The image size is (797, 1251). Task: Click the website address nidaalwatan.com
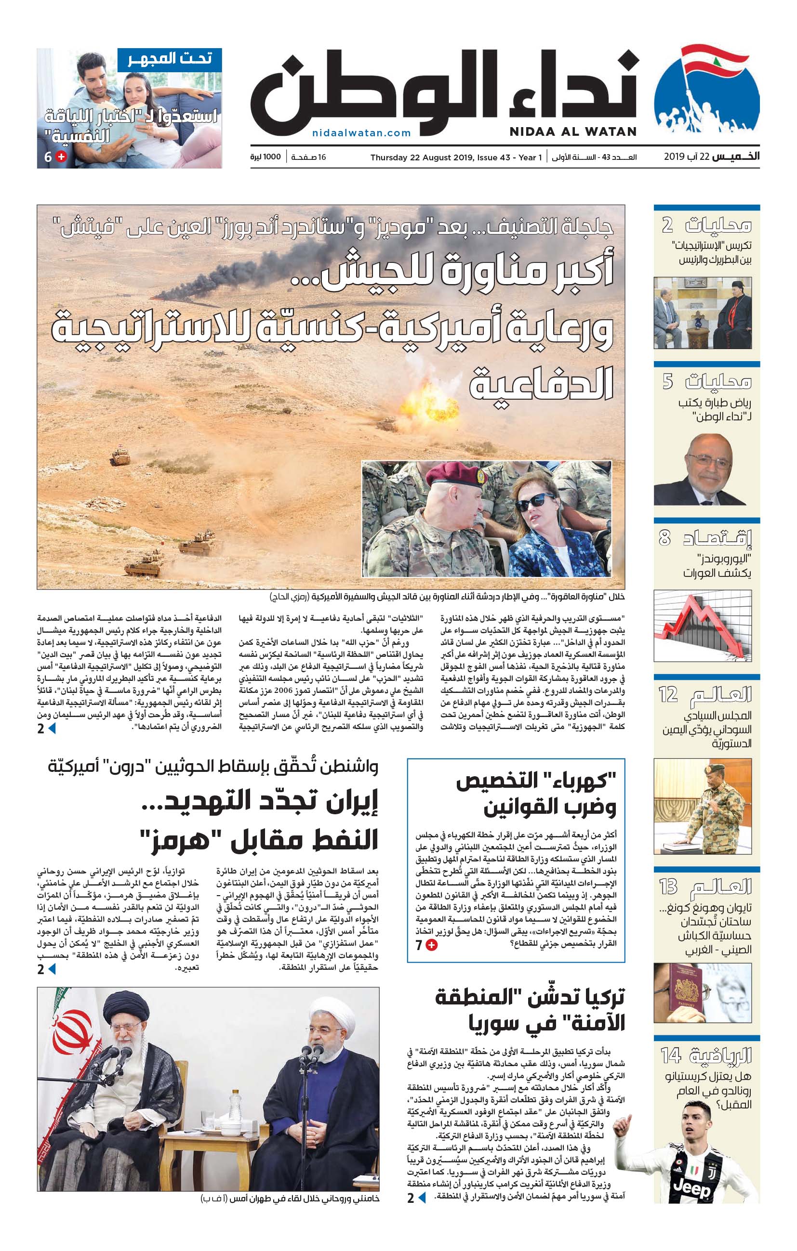click(361, 133)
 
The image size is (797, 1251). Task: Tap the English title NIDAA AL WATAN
click(573, 131)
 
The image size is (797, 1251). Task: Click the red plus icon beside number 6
click(61, 157)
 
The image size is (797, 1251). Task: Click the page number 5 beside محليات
click(667, 382)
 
